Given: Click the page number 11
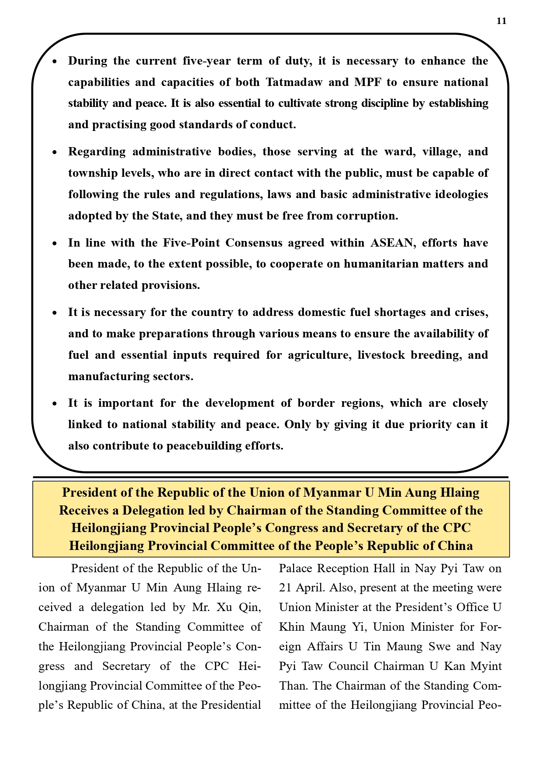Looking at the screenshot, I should pos(501,21).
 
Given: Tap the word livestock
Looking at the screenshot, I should pos(381,355).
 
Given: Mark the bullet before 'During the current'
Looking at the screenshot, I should pos(55,62).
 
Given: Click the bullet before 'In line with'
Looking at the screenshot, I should pos(55,244).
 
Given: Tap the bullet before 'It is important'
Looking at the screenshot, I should pos(55,404).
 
